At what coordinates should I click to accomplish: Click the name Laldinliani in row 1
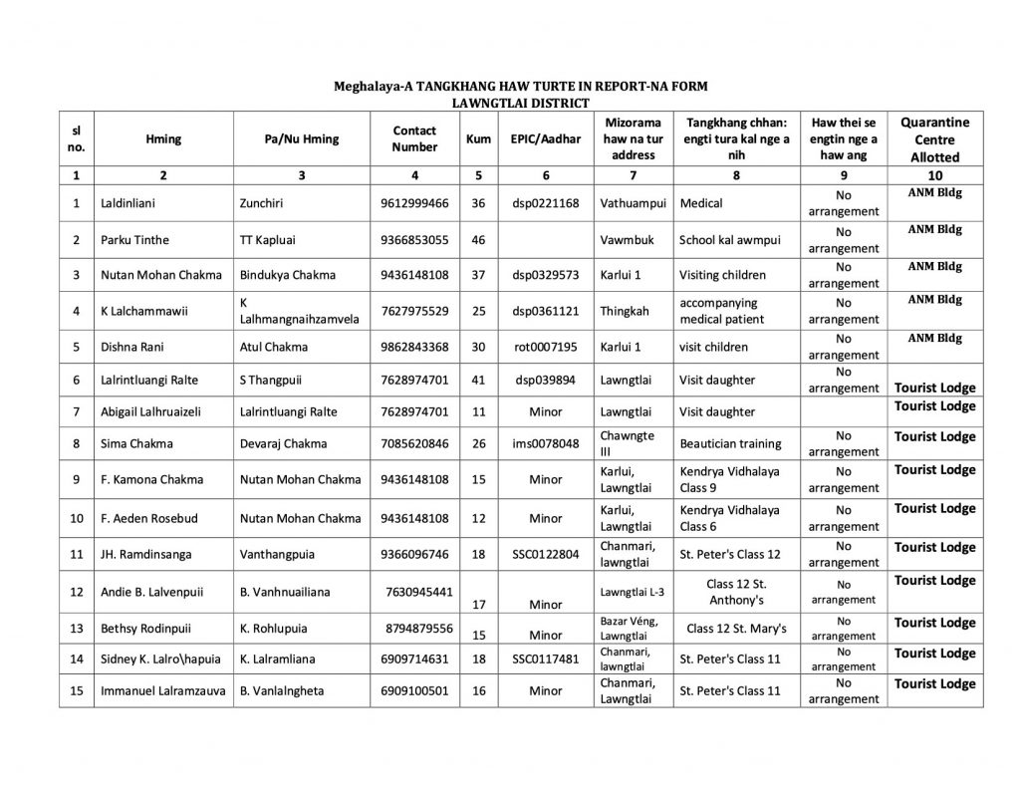click(125, 203)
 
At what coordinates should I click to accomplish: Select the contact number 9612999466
click(414, 203)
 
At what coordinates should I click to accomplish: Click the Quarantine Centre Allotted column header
click(934, 139)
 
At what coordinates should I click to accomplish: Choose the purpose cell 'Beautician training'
click(730, 444)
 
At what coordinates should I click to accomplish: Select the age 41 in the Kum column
click(478, 380)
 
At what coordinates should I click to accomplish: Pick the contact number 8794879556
click(420, 628)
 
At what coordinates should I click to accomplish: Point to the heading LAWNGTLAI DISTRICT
click(520, 103)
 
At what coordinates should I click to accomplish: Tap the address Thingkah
click(626, 311)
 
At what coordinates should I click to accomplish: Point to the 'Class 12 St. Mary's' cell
click(736, 628)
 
